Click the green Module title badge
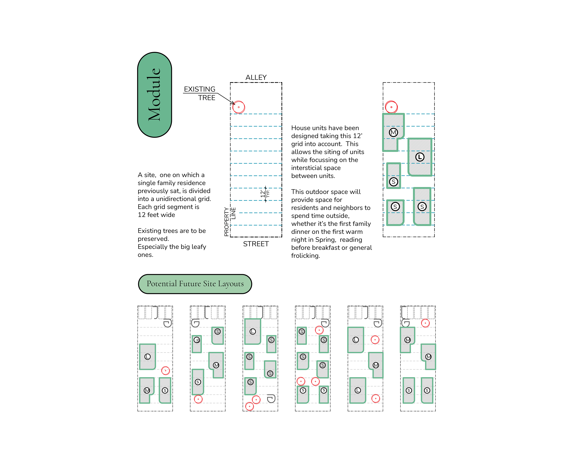coord(154,95)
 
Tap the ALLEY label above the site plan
coord(256,78)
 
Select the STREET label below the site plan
coord(256,244)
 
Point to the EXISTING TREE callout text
coord(200,93)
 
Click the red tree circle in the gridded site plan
coord(238,107)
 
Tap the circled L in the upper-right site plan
coord(420,157)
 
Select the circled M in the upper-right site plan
coord(393,132)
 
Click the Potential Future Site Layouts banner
coord(195,284)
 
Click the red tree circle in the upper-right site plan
coord(391,107)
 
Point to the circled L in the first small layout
coord(147,357)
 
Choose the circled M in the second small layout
coord(216,365)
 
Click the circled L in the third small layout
coord(253,331)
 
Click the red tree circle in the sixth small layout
coord(425,323)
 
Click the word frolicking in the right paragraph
coord(305,256)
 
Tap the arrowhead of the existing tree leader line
coord(234,104)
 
